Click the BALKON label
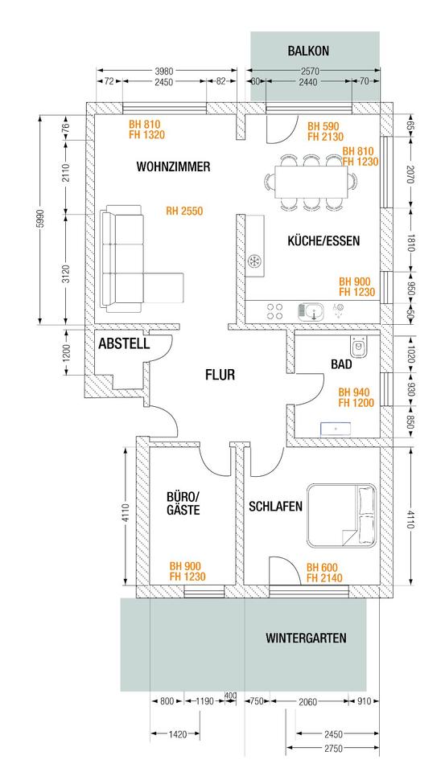[308, 51]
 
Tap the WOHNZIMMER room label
[173, 166]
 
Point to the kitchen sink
[311, 311]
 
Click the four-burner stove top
[275, 311]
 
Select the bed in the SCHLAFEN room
[342, 515]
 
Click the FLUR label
[220, 376]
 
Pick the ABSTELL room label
[124, 343]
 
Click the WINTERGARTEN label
[306, 638]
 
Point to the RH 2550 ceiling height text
[184, 211]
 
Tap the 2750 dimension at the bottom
[333, 749]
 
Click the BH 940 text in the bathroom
[353, 392]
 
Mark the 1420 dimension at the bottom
[177, 734]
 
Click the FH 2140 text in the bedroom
[324, 578]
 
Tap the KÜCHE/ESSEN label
[323, 240]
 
